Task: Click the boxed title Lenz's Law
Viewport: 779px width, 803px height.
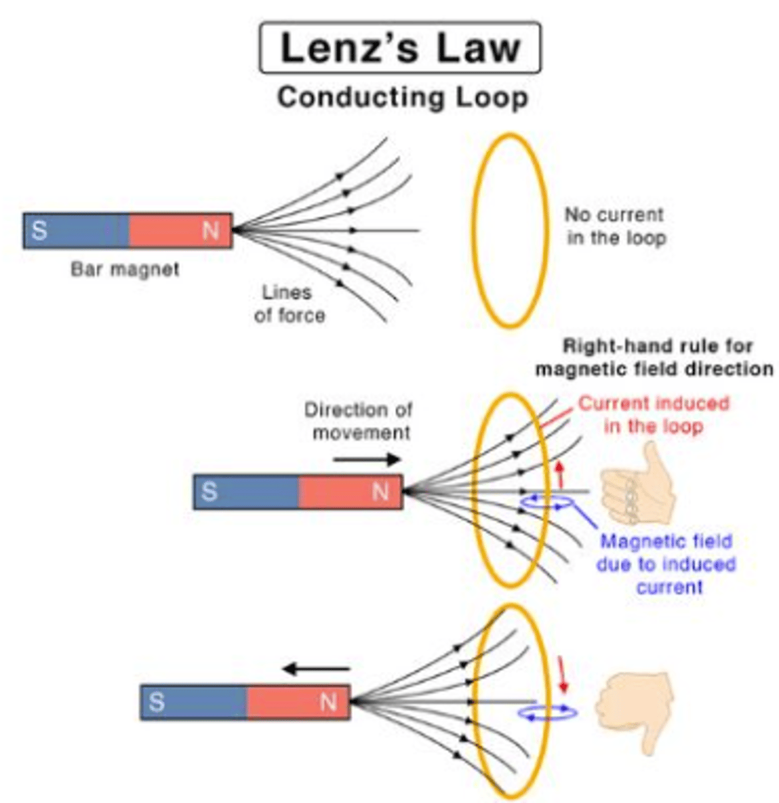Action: [400, 48]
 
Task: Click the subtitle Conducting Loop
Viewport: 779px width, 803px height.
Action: [403, 98]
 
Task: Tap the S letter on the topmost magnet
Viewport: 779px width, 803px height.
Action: [39, 231]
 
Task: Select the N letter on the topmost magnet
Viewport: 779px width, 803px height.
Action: [211, 231]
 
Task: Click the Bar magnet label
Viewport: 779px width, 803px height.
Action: [125, 270]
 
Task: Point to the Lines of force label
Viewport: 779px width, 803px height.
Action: [290, 304]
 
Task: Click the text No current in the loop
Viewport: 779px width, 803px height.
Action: [615, 226]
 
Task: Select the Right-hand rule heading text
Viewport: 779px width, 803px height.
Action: [655, 357]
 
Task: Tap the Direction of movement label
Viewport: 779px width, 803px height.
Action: [359, 421]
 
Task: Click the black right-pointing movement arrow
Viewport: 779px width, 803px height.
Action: [367, 459]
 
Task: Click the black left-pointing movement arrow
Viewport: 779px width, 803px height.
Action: [316, 668]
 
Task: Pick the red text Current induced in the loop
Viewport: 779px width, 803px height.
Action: [653, 415]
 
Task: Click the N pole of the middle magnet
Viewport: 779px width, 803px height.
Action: [352, 493]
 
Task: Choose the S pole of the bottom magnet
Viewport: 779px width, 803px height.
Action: [194, 703]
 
